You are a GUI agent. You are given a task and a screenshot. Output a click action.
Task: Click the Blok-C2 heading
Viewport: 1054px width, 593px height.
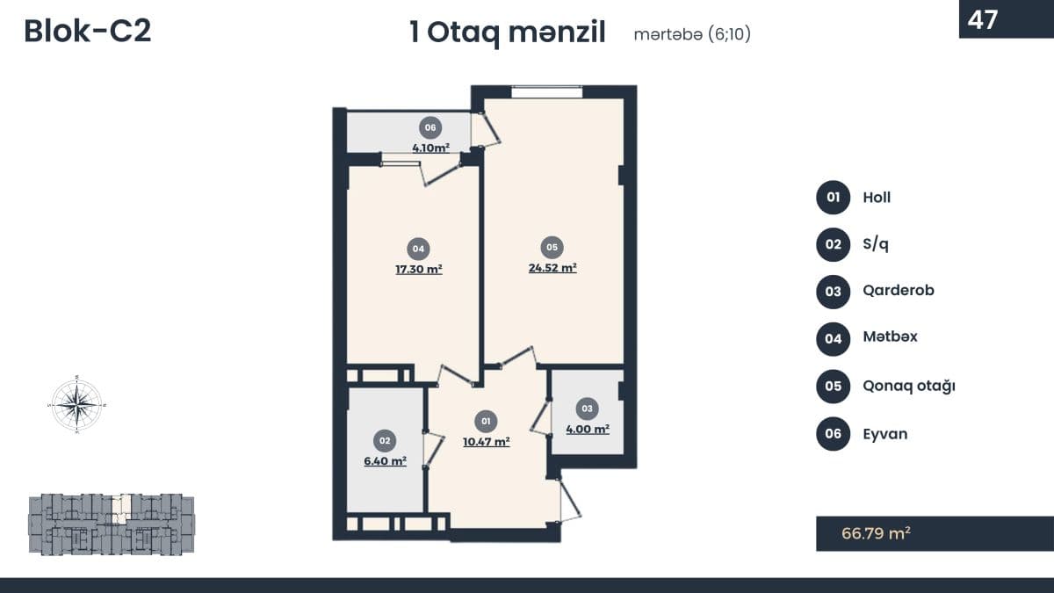click(x=88, y=32)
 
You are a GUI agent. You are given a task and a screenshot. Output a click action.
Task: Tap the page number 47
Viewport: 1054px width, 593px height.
click(x=983, y=19)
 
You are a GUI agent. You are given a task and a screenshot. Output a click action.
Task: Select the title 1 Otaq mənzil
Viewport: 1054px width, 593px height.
click(x=508, y=33)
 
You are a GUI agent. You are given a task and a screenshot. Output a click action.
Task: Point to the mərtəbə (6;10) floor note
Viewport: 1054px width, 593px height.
click(x=692, y=34)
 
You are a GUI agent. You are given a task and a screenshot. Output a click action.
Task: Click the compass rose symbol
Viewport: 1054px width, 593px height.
click(x=77, y=404)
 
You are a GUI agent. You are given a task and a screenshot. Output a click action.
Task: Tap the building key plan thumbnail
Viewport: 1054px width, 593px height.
click(x=112, y=524)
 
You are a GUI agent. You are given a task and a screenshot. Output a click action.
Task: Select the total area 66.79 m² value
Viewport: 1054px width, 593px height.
click(x=876, y=533)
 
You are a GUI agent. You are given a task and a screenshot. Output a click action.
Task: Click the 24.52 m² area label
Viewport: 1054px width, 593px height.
click(x=552, y=268)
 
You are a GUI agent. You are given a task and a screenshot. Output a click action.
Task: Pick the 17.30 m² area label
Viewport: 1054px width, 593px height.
click(x=419, y=269)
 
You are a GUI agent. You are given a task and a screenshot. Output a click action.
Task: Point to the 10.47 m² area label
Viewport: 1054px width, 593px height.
click(x=487, y=442)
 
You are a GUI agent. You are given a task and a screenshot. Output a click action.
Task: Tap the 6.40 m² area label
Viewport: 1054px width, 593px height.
click(x=385, y=460)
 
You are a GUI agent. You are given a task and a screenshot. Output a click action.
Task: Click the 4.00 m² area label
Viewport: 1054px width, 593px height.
click(x=588, y=430)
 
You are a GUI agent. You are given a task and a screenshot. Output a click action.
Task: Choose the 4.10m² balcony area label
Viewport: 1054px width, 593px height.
click(x=430, y=148)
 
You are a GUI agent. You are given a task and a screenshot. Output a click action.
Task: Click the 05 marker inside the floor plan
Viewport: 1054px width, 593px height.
click(x=552, y=247)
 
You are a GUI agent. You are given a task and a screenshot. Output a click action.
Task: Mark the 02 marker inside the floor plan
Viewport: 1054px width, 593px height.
click(x=385, y=440)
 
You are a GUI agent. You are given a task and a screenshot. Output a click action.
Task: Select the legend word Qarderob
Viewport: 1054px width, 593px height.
click(x=899, y=291)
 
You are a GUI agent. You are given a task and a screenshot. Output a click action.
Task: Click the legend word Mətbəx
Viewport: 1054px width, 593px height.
click(x=890, y=336)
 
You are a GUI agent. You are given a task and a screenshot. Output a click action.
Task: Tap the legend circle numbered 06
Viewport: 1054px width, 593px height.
click(x=833, y=433)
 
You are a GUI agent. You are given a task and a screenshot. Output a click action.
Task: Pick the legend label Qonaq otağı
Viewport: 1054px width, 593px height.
click(x=908, y=386)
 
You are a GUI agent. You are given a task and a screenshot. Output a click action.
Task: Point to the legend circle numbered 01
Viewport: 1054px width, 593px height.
click(x=833, y=197)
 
